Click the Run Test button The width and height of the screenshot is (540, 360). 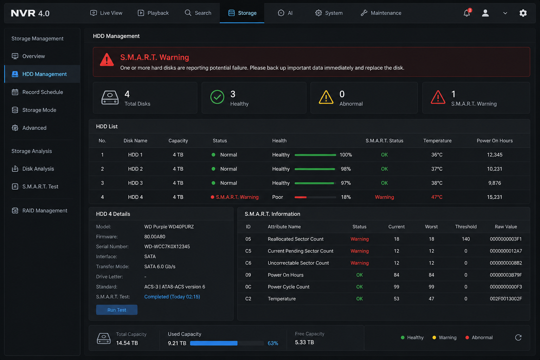pos(117,310)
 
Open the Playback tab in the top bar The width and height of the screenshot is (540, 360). pos(153,13)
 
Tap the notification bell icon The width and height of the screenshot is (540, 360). pos(467,13)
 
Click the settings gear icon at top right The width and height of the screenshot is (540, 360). pos(523,13)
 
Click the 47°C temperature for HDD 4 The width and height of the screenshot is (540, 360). pos(437,197)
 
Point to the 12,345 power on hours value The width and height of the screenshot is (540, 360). pos(494,155)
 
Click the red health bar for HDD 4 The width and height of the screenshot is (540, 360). pos(300,197)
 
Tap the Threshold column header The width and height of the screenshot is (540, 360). pos(465,227)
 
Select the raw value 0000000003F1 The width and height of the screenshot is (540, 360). pos(506,239)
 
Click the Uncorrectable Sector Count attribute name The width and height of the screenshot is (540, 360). pos(298,263)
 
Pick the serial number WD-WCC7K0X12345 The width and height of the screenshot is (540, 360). pos(167,246)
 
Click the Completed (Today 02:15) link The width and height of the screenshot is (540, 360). pos(172,297)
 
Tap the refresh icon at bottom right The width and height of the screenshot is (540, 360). pos(518,337)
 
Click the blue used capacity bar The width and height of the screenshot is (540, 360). pos(214,343)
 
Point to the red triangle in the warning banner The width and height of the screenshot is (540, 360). pos(107,59)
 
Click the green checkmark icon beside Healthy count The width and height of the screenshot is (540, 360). pos(217,97)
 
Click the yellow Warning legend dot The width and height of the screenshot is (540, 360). pos(434,337)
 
